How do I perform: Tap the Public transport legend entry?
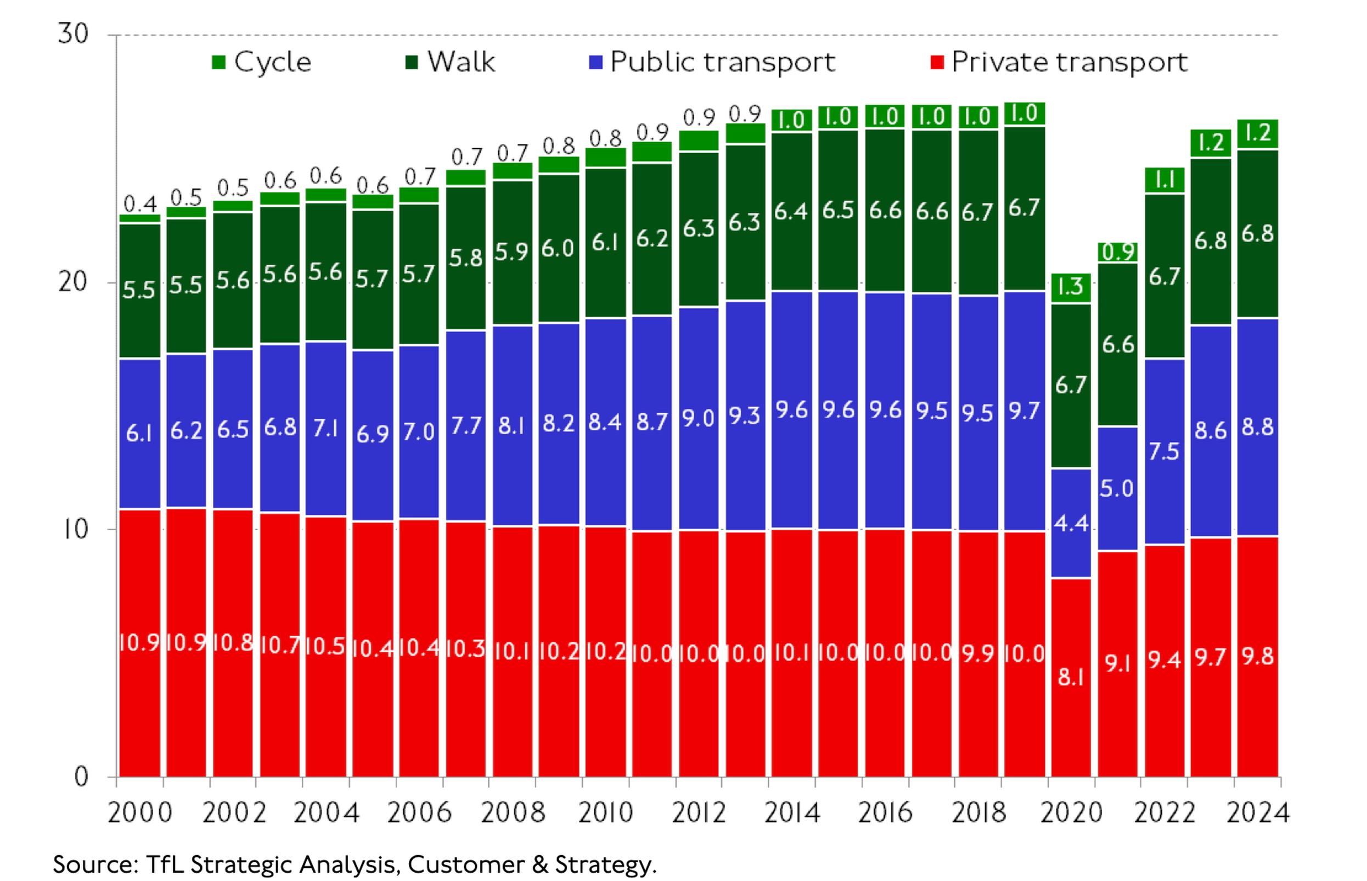[x=712, y=62]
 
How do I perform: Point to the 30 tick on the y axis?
[x=73, y=35]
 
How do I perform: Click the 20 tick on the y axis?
[x=73, y=282]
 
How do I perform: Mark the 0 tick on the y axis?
[x=81, y=776]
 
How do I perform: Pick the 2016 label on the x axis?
[x=885, y=813]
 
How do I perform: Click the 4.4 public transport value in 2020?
[x=1071, y=523]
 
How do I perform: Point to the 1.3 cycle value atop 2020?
[x=1071, y=287]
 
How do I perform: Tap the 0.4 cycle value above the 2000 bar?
[x=140, y=204]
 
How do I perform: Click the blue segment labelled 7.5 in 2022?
[x=1165, y=451]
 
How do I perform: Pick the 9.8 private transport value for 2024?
[x=1258, y=656]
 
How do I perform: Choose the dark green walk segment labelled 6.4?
[x=791, y=212]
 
